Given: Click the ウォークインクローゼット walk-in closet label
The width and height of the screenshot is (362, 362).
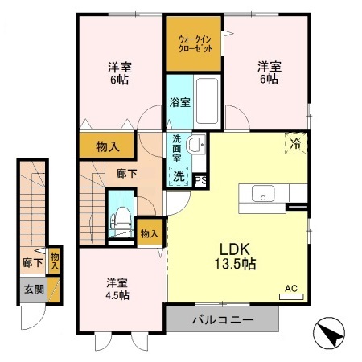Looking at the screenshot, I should [x=194, y=41].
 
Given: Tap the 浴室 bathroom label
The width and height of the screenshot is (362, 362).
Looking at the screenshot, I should [x=179, y=102].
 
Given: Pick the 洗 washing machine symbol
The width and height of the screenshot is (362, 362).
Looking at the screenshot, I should [x=178, y=175].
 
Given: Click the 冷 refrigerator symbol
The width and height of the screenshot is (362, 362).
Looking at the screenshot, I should [x=295, y=143].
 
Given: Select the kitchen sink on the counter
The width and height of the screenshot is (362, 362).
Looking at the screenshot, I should [x=261, y=194].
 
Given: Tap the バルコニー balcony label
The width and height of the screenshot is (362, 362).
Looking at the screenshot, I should [x=222, y=320].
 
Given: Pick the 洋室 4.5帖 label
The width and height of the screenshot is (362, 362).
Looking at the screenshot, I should [x=117, y=289].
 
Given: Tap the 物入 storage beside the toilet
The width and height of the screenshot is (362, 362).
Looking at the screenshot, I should [x=149, y=233].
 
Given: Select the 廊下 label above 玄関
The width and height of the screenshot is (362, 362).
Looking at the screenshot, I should [x=31, y=262].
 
